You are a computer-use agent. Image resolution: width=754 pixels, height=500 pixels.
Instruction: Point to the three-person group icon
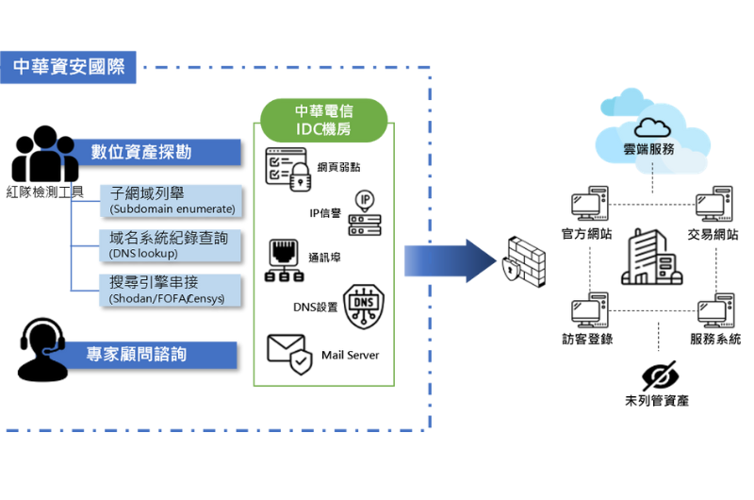tap(44, 155)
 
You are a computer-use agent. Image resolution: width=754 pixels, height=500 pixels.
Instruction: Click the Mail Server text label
tap(350, 355)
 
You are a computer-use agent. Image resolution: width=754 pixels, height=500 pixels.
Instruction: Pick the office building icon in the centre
tap(649, 257)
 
